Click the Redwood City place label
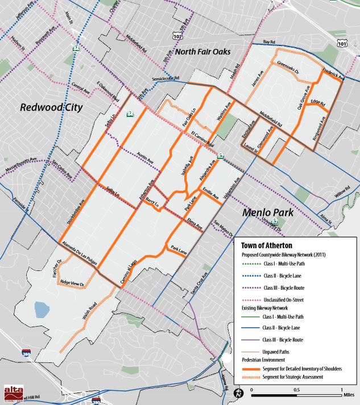pyautogui.click(x=51, y=107)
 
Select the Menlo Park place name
pyautogui.click(x=269, y=214)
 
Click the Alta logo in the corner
pyautogui.click(x=12, y=393)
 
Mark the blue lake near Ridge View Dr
pyautogui.click(x=42, y=310)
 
